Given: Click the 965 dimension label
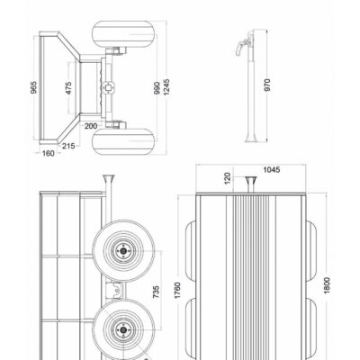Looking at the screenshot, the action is (34, 87).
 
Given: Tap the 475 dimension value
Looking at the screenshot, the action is (68, 88).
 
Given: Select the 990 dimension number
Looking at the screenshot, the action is (157, 88).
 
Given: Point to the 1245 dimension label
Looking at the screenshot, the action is (166, 87).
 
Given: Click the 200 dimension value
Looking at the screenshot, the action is (91, 126).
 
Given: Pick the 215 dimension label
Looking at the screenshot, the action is (68, 146).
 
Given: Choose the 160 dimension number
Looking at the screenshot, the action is (48, 154).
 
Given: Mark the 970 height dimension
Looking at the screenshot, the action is (267, 85).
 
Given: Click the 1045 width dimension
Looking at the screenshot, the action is (272, 170).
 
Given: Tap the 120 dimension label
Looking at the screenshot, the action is (228, 178).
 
